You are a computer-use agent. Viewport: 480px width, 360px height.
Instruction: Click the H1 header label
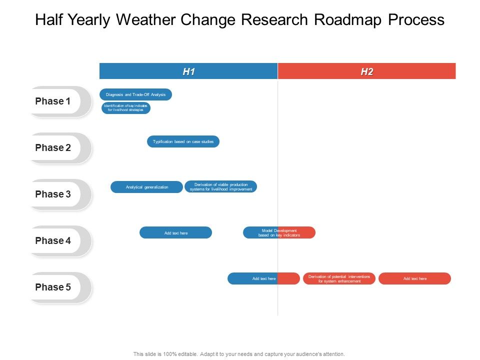pos(188,71)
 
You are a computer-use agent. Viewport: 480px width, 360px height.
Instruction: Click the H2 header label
pos(366,71)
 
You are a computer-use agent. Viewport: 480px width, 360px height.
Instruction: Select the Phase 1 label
pos(53,101)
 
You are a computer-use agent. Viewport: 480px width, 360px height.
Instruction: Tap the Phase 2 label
pos(53,148)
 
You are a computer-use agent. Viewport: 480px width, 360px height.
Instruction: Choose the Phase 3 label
pos(53,194)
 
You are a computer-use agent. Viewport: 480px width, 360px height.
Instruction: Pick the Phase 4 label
pos(53,241)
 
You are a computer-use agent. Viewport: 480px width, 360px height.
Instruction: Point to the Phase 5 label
pos(53,287)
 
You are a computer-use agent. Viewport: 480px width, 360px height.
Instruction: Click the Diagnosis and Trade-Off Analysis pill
pos(135,94)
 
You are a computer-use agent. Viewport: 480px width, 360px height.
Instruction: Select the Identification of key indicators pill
pos(125,108)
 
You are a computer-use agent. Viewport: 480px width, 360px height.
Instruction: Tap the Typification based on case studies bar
pos(183,141)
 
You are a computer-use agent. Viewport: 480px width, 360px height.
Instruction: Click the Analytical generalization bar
pos(146,187)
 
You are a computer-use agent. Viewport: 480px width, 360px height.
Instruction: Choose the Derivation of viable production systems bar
pos(220,186)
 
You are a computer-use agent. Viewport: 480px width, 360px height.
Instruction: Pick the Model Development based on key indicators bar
pos(279,232)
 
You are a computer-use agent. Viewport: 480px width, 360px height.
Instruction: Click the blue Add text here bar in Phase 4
pos(175,232)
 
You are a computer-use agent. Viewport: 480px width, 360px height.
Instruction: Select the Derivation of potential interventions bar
pos(339,278)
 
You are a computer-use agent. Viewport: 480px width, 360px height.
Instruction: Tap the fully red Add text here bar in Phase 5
pos(414,278)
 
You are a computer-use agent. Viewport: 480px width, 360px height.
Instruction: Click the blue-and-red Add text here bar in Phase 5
pos(263,278)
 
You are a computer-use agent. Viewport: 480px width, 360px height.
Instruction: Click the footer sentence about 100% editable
pos(239,354)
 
